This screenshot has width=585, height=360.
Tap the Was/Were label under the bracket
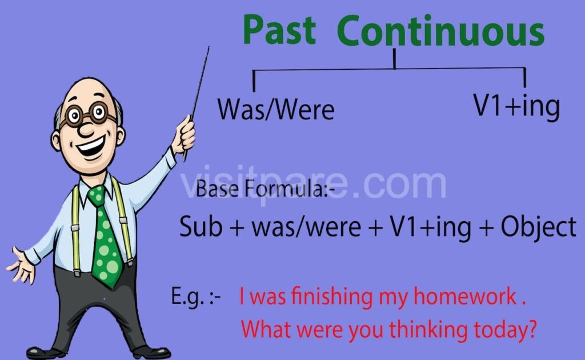tap(275, 109)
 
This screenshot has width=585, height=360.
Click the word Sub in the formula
tap(201, 227)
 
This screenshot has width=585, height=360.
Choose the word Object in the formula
tap(539, 228)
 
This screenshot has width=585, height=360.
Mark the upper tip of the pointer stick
tap(209, 48)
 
